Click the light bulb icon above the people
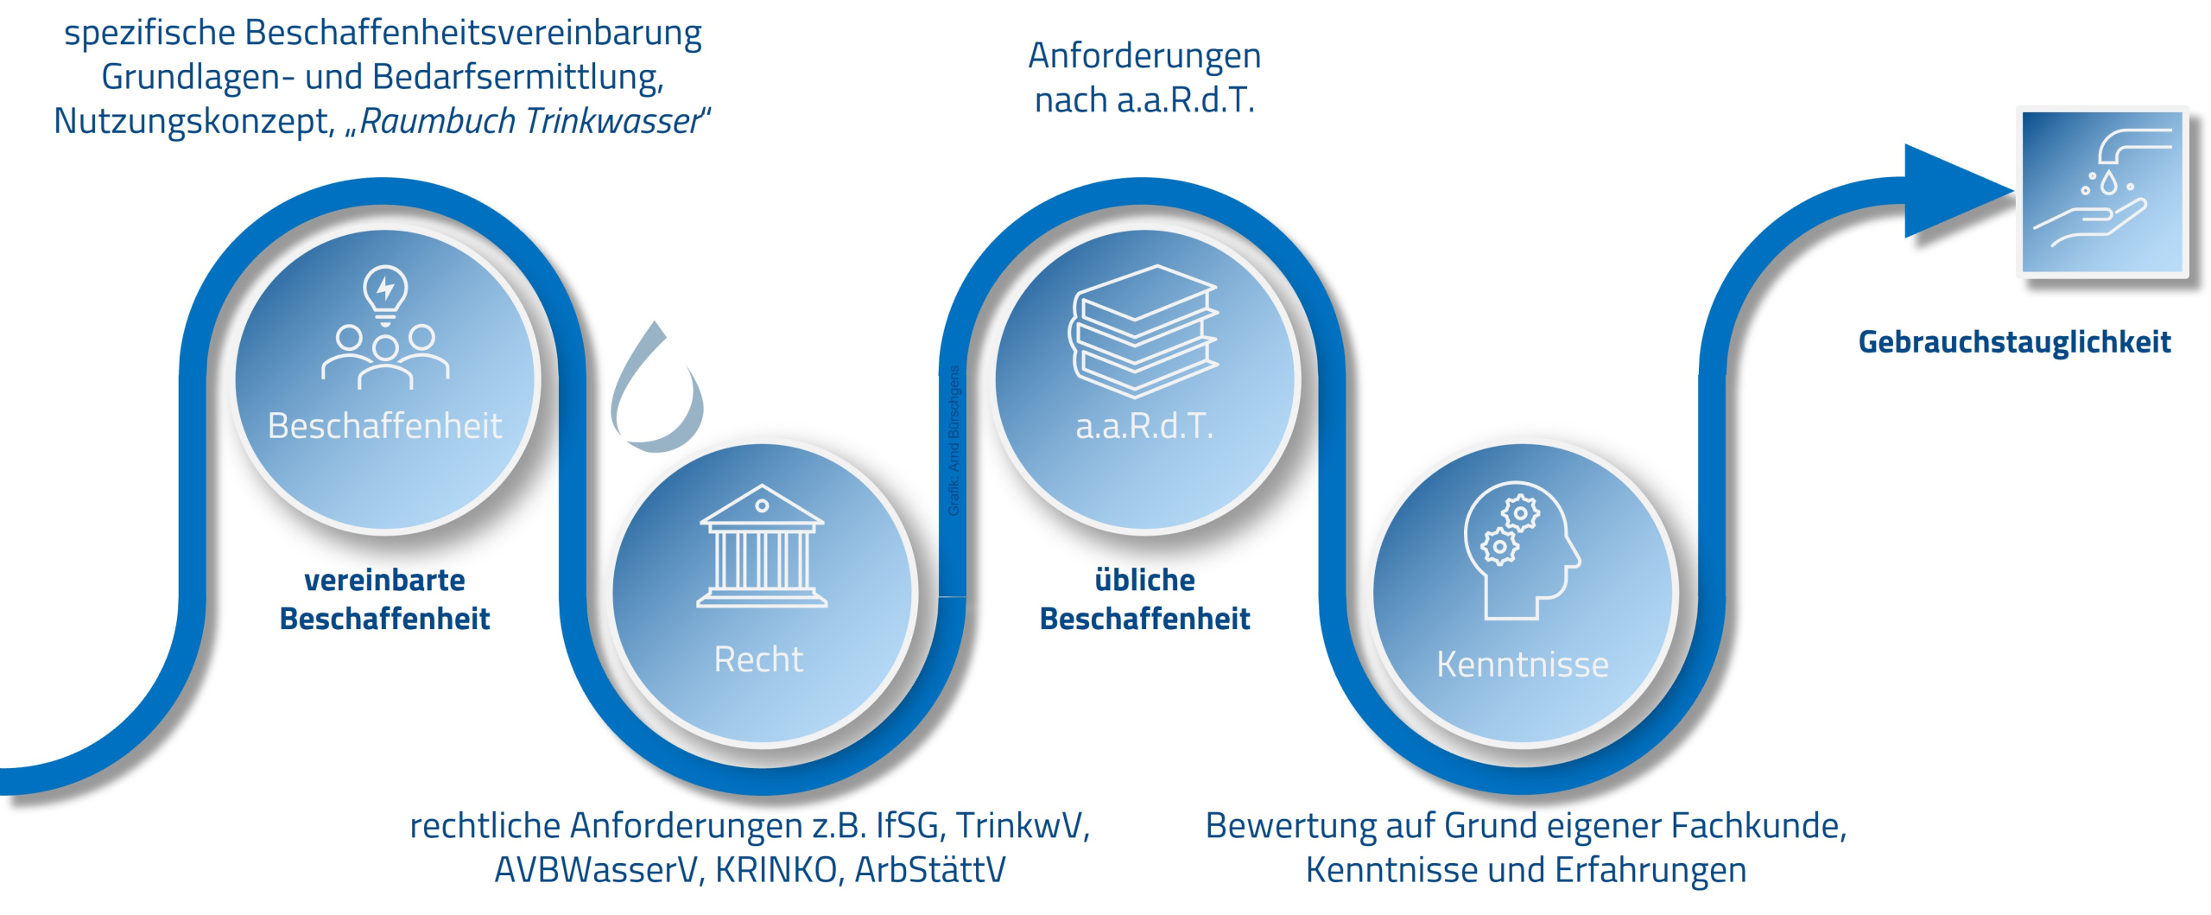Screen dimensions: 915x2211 (x=385, y=291)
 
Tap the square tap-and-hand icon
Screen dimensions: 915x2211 (x=2102, y=192)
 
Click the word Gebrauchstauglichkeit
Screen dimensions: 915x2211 (x=2014, y=342)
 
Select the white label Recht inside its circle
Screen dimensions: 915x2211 (x=758, y=659)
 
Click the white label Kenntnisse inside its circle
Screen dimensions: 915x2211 (x=1522, y=664)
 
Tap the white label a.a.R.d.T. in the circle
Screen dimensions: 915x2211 (x=1144, y=426)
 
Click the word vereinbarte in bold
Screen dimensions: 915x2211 (x=384, y=580)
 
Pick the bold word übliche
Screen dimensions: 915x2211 (x=1144, y=580)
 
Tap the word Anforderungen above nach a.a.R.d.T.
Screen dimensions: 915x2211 (x=1144, y=56)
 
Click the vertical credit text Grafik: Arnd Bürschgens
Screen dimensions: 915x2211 (x=953, y=441)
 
